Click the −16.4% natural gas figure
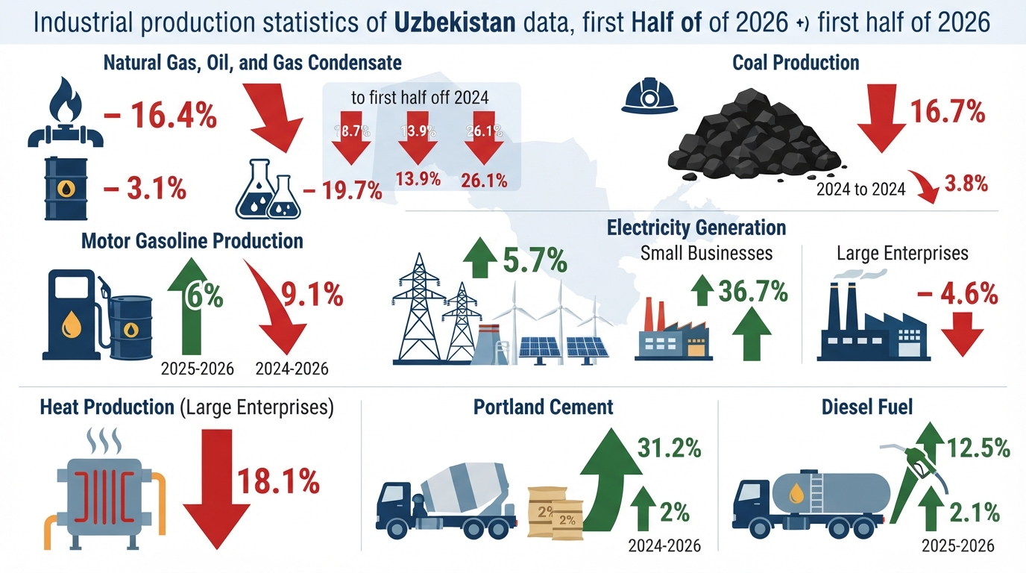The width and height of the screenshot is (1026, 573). click(x=160, y=116)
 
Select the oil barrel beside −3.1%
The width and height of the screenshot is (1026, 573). click(x=66, y=189)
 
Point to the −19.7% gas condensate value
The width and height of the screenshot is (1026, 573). click(x=342, y=191)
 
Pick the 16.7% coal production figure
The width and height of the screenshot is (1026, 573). click(x=947, y=112)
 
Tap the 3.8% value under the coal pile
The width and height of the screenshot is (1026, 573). click(x=966, y=184)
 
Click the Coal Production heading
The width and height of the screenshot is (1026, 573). click(x=796, y=63)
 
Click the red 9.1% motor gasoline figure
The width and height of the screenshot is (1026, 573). click(x=312, y=294)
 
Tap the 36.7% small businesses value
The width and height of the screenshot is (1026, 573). click(x=753, y=292)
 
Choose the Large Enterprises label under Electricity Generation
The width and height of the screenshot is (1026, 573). click(x=902, y=253)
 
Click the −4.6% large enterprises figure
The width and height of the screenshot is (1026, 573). click(x=957, y=294)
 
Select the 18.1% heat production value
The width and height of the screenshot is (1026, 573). click(x=278, y=481)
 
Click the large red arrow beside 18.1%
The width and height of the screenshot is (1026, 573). click(x=217, y=489)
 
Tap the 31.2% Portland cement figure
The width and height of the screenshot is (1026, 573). click(x=669, y=448)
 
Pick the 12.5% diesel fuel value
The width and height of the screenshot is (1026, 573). click(x=978, y=448)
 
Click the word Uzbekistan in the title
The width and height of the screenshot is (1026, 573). click(x=455, y=22)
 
